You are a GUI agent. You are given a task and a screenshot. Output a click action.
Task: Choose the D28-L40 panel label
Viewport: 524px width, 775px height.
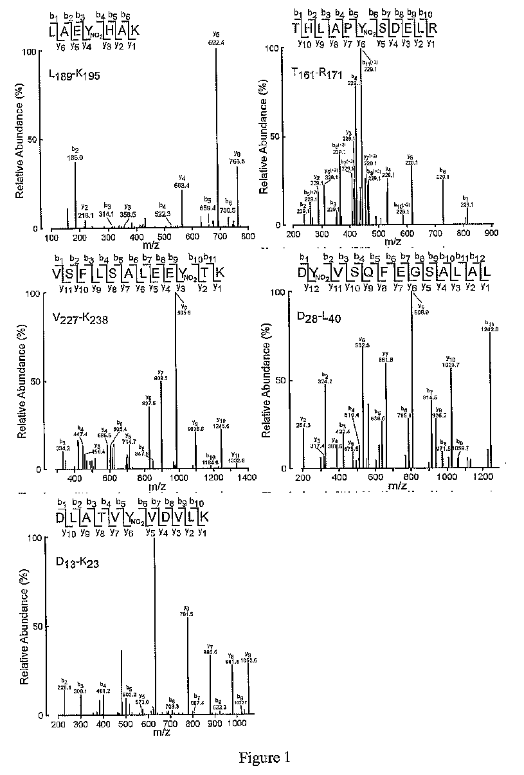[x=320, y=311]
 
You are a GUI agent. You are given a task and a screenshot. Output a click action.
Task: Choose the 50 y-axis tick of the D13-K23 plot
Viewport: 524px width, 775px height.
[x=38, y=627]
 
